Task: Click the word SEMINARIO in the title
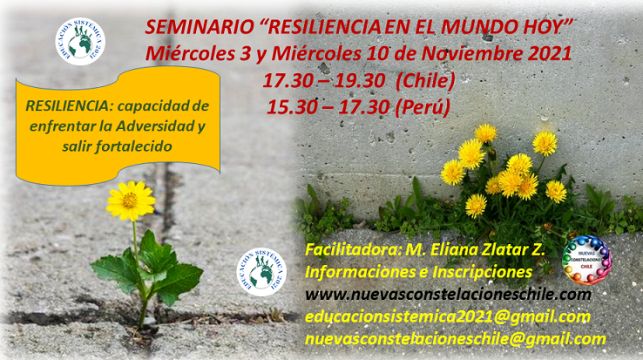click(200, 28)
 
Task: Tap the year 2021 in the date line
click(550, 53)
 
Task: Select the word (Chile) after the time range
click(426, 80)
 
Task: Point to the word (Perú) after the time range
click(423, 107)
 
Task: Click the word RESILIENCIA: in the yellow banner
click(69, 105)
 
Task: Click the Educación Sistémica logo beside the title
click(80, 42)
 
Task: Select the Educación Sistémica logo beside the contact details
click(261, 272)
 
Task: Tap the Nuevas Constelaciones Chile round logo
click(587, 261)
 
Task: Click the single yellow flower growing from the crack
click(131, 200)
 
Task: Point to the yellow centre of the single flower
click(131, 200)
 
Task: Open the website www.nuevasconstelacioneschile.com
click(448, 295)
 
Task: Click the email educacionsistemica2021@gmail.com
click(448, 317)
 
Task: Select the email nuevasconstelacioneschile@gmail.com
click(456, 339)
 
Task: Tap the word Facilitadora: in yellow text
click(353, 249)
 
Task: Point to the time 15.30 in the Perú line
click(292, 107)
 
